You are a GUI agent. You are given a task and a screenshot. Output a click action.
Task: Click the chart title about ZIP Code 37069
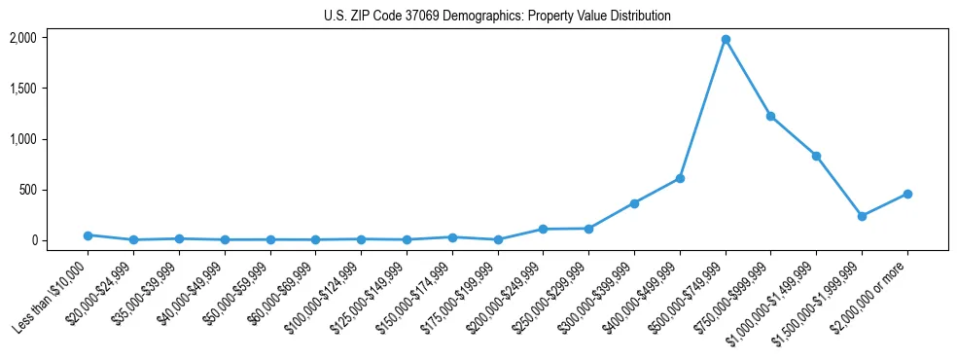pyautogui.click(x=497, y=16)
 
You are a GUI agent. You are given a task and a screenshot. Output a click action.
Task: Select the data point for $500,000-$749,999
pyautogui.click(x=726, y=40)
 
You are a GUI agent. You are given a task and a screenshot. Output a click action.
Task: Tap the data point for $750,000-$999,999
pyautogui.click(x=770, y=116)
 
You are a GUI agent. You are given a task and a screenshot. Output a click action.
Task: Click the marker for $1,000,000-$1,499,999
pyautogui.click(x=816, y=156)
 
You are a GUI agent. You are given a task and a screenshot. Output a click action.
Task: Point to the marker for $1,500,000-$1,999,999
pyautogui.click(x=862, y=216)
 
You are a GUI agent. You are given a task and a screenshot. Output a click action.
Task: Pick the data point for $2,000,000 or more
pyautogui.click(x=907, y=194)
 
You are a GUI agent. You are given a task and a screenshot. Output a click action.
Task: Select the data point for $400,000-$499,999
pyautogui.click(x=680, y=178)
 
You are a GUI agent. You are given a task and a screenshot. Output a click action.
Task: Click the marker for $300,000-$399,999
pyautogui.click(x=634, y=203)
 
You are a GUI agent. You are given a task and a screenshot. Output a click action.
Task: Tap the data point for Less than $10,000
pyautogui.click(x=88, y=235)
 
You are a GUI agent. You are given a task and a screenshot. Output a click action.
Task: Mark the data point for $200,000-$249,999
pyautogui.click(x=543, y=229)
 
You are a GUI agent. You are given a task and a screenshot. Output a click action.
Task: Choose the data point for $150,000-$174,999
pyautogui.click(x=452, y=237)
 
